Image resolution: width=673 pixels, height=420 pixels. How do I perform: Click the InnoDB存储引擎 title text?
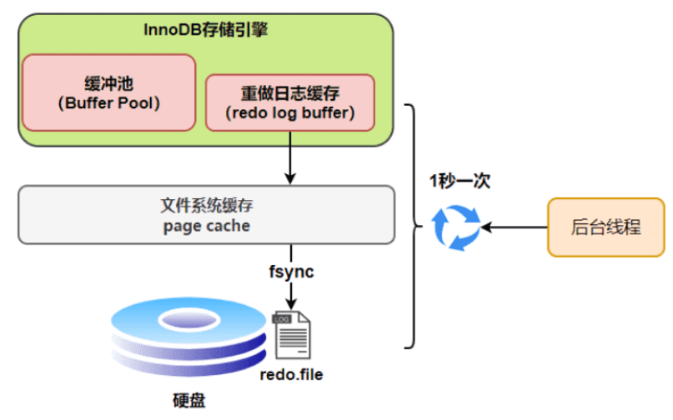coord(206,30)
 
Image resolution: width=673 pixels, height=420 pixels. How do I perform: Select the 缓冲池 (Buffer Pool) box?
coord(109,92)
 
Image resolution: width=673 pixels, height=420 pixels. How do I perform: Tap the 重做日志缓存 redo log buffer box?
coord(290,102)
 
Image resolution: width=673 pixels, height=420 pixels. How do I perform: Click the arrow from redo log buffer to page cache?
coord(290,157)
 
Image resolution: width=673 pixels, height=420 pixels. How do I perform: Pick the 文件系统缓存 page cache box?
coord(207,215)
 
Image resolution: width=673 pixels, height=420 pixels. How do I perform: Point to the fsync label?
coord(291,272)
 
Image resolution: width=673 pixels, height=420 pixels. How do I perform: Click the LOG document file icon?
coord(291,335)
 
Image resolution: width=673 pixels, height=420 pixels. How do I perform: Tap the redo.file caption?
coord(291,374)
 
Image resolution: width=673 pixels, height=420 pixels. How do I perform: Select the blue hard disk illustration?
coord(188,337)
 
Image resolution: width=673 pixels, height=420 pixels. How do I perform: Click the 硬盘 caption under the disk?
coord(189,401)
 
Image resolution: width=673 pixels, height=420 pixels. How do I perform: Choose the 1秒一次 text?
coord(460,181)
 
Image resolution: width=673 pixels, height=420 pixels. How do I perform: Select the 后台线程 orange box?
coord(606,227)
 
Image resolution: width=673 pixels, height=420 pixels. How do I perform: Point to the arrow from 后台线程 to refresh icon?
coord(515,227)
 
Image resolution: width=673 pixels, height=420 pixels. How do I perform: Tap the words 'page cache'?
coord(207,226)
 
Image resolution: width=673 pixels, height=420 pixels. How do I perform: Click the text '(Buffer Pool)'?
coord(109,103)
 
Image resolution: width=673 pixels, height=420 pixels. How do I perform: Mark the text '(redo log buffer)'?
coord(290,112)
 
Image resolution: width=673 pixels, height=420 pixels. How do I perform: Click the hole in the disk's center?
coord(188,320)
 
